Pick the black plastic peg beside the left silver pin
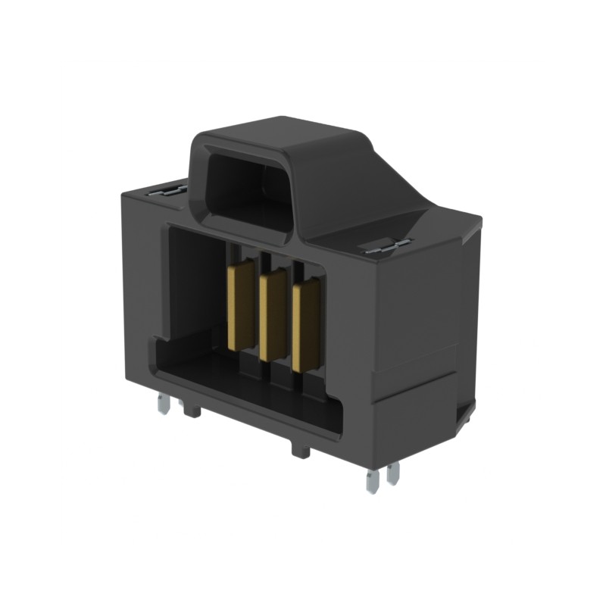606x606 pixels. click(192, 410)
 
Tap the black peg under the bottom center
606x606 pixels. click(300, 448)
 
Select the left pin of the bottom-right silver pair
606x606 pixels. click(371, 481)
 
